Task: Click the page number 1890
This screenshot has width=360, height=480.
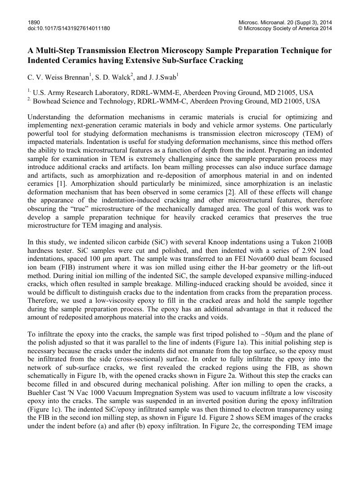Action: coord(34,22)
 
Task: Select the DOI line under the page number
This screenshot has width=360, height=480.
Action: coord(68,28)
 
